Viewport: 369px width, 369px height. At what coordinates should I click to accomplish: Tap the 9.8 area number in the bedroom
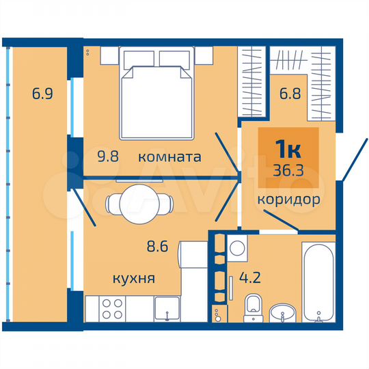tap(109, 156)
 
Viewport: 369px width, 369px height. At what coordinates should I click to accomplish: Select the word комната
tap(169, 156)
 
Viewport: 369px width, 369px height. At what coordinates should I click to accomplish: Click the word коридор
tap(289, 200)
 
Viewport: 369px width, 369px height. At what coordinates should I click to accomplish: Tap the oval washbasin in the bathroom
tap(282, 314)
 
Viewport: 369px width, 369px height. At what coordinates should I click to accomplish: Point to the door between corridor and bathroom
tap(280, 221)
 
